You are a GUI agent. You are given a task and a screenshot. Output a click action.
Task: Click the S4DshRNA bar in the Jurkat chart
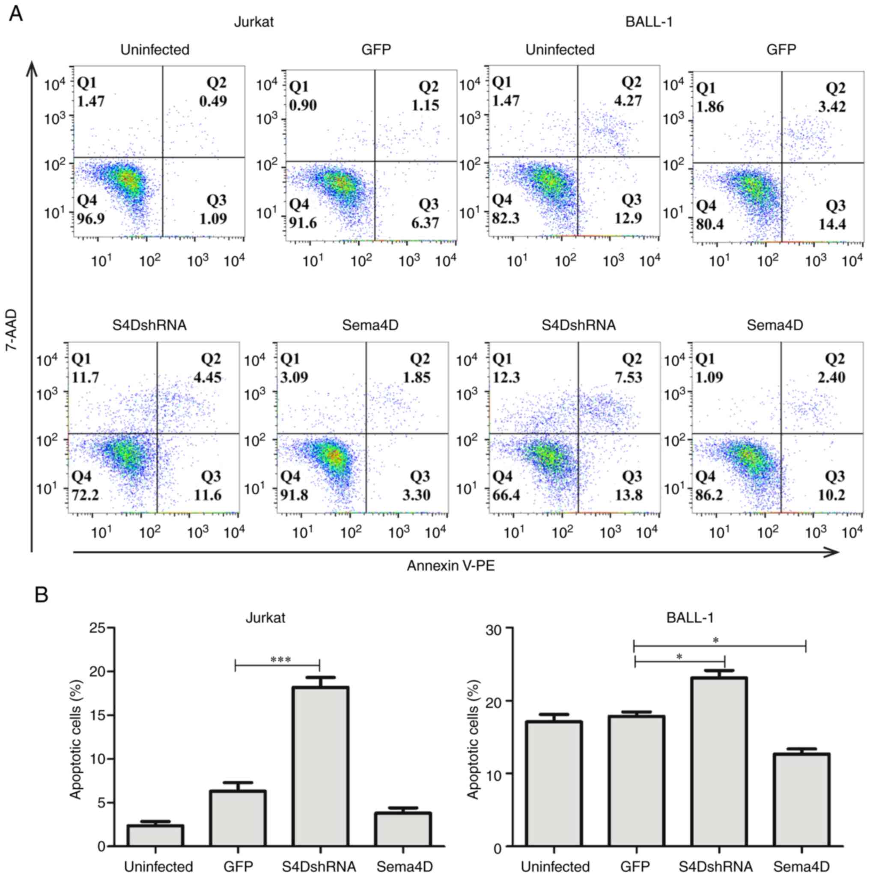tap(320, 767)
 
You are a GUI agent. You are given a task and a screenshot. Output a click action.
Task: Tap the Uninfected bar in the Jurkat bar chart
tap(155, 835)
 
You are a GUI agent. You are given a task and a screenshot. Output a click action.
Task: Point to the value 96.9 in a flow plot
tap(91, 218)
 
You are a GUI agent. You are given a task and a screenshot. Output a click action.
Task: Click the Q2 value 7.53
tap(629, 377)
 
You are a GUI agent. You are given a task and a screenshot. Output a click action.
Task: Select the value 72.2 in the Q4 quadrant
tap(85, 494)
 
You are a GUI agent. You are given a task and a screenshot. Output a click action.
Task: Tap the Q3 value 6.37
tap(425, 223)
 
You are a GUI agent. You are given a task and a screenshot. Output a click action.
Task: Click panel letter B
tap(42, 595)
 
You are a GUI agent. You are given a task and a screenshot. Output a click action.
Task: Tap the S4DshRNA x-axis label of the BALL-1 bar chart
tap(715, 866)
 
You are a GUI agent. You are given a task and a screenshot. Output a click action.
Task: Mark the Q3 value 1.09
tap(213, 218)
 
